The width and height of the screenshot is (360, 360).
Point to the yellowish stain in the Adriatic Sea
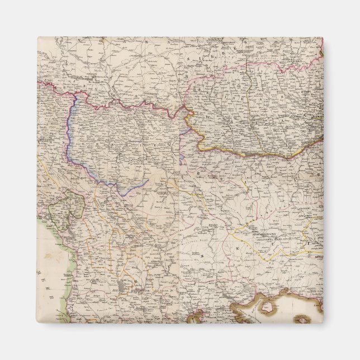(x=56, y=257)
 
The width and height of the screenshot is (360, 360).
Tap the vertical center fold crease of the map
(x=180, y=224)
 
